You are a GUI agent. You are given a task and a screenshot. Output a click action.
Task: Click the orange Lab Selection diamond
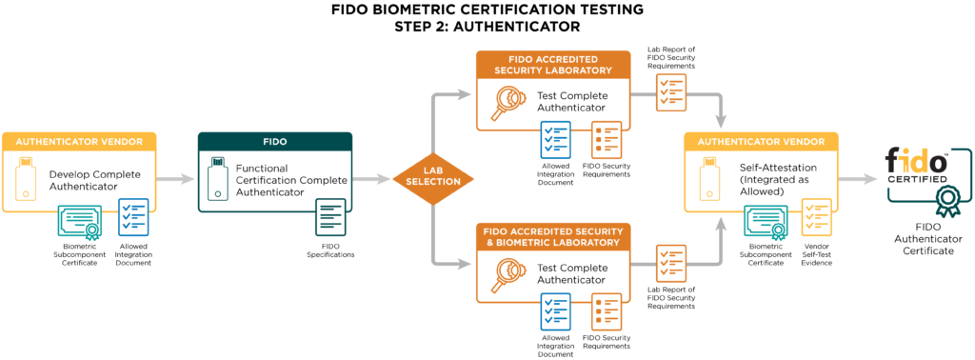(433, 179)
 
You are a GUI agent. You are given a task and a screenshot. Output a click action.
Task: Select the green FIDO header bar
(275, 141)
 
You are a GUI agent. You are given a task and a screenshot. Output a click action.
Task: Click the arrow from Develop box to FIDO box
(177, 179)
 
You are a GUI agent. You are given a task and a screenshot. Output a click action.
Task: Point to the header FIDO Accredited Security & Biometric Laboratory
(552, 237)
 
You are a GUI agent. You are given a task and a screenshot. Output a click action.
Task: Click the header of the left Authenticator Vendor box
(79, 141)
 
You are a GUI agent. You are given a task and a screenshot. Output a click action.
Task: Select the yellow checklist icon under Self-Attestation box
(816, 216)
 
